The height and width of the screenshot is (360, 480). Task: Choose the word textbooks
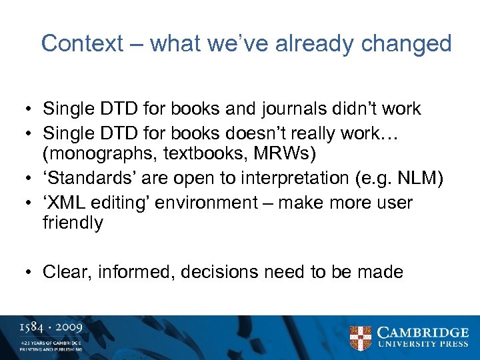(x=191, y=155)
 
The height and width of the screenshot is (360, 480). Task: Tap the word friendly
(x=73, y=223)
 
